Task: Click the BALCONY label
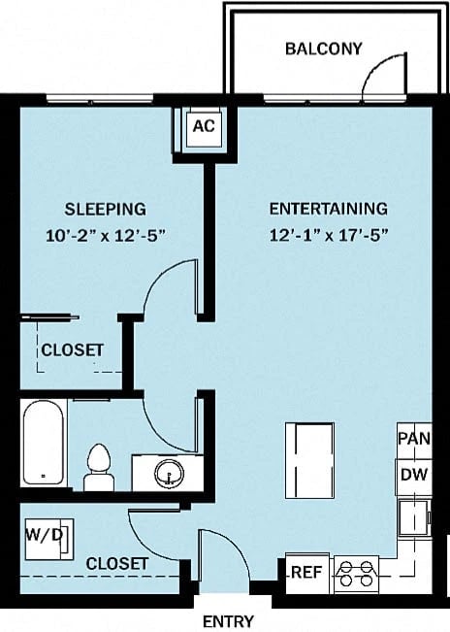[x=323, y=48]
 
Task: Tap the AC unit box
[x=203, y=126]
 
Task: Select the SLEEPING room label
[x=106, y=208]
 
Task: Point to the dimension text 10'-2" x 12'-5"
[x=106, y=234]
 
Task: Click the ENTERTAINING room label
[x=328, y=208]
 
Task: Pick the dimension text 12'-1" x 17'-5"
[x=328, y=234]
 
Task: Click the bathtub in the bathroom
[x=44, y=444]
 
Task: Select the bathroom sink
[x=170, y=473]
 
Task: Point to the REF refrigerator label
[x=307, y=572]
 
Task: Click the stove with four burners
[x=355, y=572]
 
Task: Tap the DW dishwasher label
[x=412, y=475]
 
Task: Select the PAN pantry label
[x=412, y=438]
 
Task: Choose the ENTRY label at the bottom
[x=227, y=621]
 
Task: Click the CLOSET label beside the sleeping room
[x=72, y=349]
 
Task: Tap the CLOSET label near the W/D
[x=116, y=563]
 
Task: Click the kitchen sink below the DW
[x=415, y=514]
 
